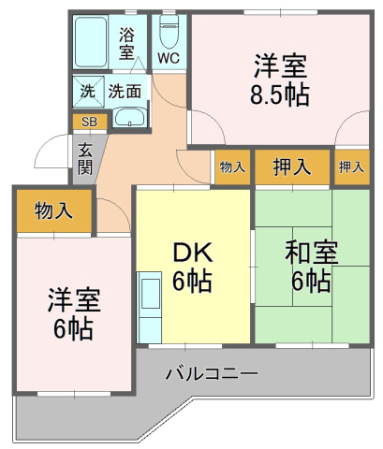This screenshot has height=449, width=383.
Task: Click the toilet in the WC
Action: point(169,31)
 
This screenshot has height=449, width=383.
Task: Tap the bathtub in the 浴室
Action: point(91,42)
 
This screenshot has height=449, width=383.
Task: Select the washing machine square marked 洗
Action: point(88,92)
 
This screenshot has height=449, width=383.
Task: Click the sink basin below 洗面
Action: point(129,118)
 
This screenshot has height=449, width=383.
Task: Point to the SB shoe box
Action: point(90,122)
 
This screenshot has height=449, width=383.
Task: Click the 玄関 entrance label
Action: point(85,159)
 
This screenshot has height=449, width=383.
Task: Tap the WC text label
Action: point(169,58)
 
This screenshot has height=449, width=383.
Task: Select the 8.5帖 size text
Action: point(280,94)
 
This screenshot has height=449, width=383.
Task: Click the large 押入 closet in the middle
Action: point(292,167)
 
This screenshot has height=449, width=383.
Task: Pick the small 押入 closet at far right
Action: point(352,167)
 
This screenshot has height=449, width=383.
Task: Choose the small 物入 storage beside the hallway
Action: point(232,167)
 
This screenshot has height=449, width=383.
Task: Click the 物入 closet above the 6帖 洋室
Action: point(54,210)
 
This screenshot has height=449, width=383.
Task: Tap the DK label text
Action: point(193,253)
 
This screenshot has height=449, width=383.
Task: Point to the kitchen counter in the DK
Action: point(149,308)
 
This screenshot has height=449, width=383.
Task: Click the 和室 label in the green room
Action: point(311,253)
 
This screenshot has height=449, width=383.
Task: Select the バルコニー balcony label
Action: point(212,373)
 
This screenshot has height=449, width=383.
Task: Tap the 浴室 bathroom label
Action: point(126,43)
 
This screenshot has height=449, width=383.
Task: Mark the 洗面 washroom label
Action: point(125,92)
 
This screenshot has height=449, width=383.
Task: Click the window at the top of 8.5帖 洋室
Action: point(280,12)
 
